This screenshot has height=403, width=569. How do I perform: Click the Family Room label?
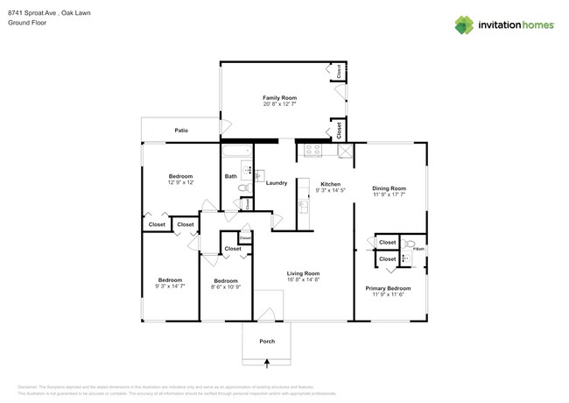pos(280,97)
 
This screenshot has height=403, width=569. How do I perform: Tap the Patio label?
pos(181,131)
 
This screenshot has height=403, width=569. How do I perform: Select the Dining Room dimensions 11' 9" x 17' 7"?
pos(390,195)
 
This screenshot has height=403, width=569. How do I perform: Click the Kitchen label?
pos(330,183)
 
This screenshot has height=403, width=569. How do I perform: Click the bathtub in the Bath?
pos(235,155)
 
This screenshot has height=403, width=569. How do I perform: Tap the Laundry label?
pos(277,183)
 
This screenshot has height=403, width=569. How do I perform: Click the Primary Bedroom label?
pos(388,288)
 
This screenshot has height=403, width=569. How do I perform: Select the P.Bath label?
pos(419,250)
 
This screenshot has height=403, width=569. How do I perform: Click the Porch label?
pos(268,342)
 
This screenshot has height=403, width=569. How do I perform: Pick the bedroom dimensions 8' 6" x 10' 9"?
pos(225,286)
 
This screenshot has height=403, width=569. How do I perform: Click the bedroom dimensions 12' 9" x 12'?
pos(180,182)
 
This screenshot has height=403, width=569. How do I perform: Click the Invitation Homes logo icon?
pos(463,25)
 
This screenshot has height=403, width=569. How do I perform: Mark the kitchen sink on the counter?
pos(302,204)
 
